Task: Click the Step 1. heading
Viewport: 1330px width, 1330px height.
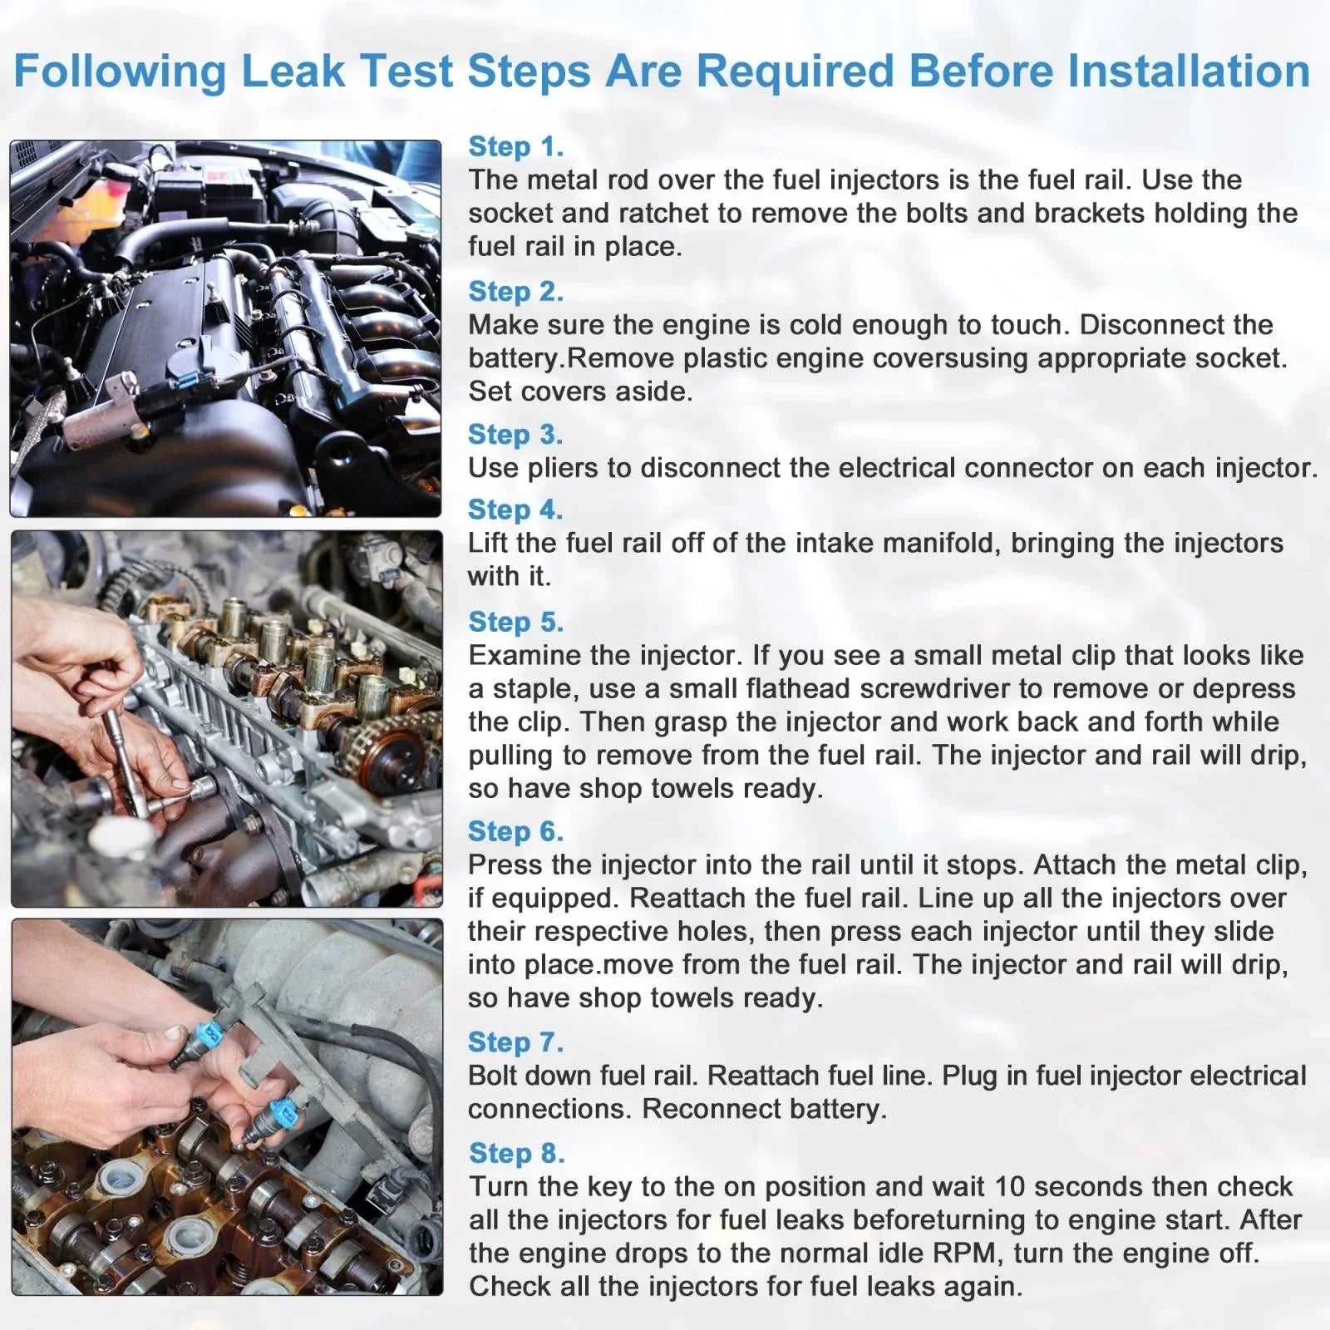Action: click(516, 146)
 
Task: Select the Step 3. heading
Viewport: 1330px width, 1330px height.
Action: click(515, 434)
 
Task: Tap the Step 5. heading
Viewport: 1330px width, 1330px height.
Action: click(515, 622)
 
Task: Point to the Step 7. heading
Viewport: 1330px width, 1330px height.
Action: click(515, 1042)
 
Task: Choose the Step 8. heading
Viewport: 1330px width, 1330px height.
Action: click(516, 1153)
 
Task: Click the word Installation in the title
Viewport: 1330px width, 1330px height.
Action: click(1189, 71)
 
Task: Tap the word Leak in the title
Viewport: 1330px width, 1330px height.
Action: click(293, 71)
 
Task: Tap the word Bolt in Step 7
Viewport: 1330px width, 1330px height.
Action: click(494, 1076)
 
